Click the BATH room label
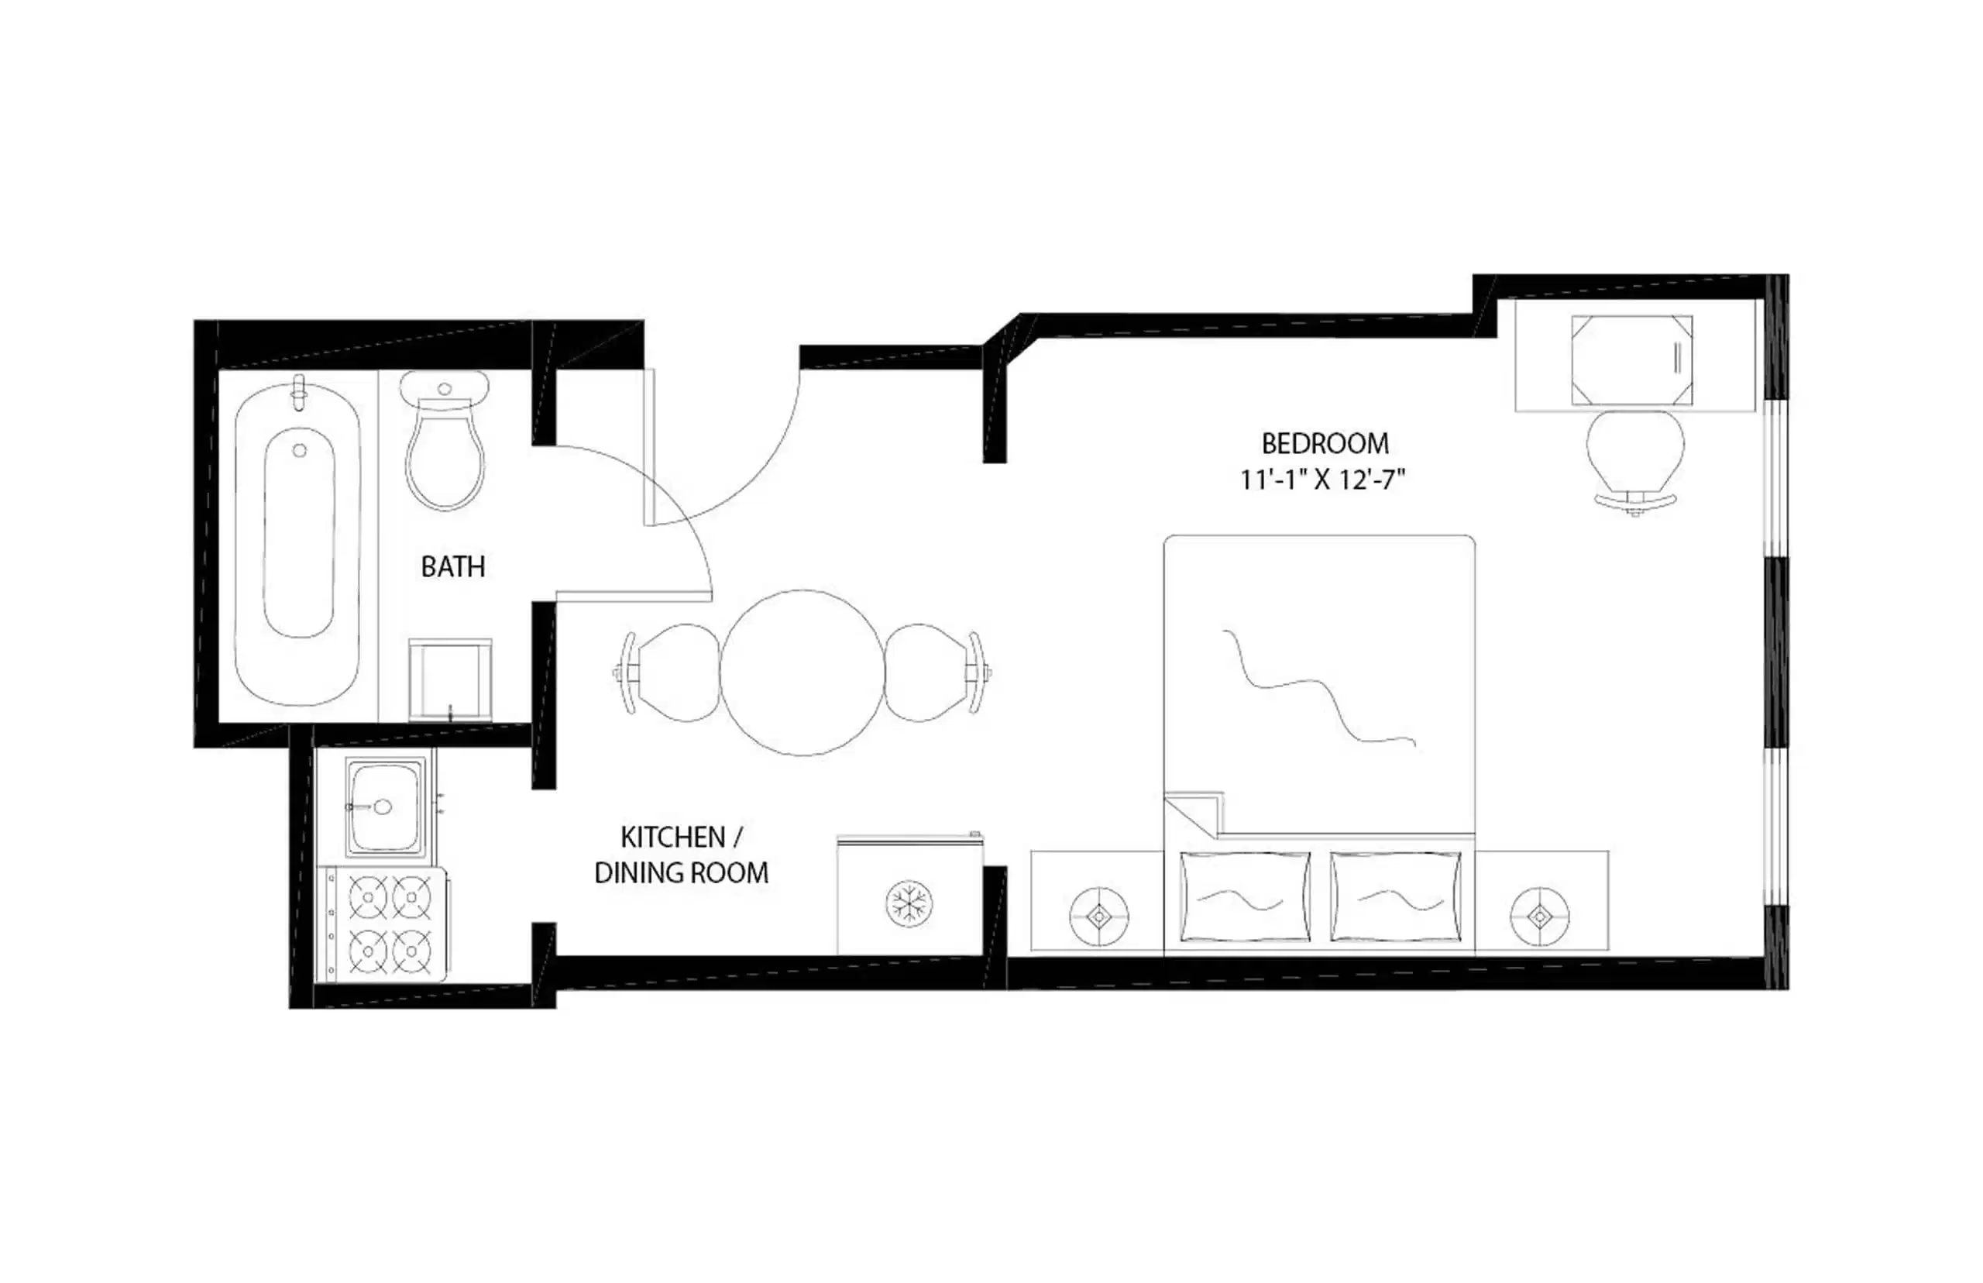pos(452,566)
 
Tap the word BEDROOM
pos(1325,443)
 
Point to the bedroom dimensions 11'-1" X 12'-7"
pos(1322,480)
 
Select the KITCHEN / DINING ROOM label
pos(681,855)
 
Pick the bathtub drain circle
pos(300,451)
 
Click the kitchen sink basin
pos(383,807)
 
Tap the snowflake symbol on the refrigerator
pos(909,904)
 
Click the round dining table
pos(802,672)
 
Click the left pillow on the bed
pos(1245,897)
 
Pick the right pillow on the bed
pos(1395,897)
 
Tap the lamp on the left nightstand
pos(1098,917)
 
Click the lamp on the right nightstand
pos(1540,917)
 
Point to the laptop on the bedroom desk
pos(1631,360)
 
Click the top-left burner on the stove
pos(367,896)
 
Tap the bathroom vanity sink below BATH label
pos(450,679)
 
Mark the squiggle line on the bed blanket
pos(1318,687)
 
